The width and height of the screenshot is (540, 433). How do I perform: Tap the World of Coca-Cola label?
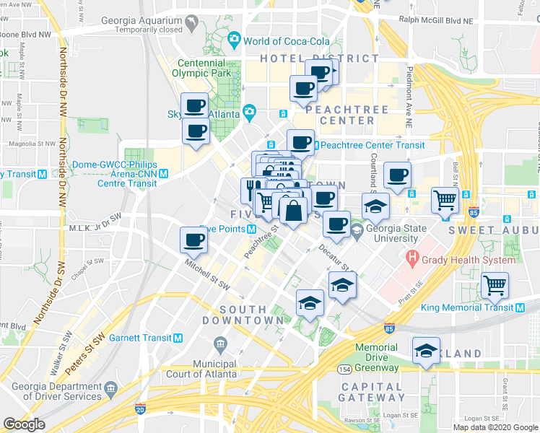click(287, 40)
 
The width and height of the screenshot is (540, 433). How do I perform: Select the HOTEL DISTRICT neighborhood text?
click(300, 58)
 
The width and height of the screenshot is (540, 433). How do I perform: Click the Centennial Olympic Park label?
click(204, 68)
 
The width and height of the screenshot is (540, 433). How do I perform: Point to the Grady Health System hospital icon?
click(412, 257)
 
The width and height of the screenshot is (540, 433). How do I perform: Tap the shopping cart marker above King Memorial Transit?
click(495, 285)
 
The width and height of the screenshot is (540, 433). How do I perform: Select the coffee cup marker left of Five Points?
click(193, 240)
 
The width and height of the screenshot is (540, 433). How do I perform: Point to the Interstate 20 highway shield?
click(139, 409)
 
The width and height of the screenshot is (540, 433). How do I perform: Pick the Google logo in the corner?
click(24, 424)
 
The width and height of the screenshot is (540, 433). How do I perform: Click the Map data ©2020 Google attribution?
click(495, 427)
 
